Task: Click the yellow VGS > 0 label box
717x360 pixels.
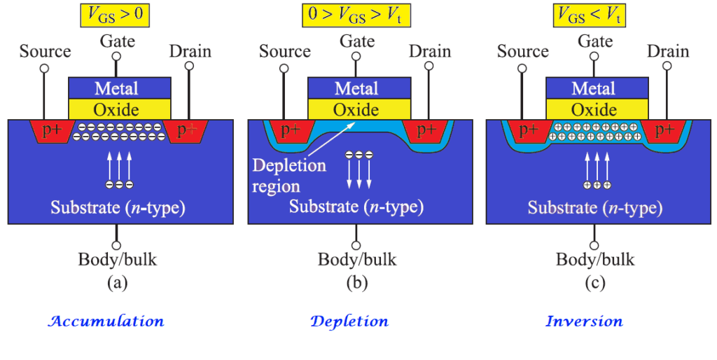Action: [x=117, y=15]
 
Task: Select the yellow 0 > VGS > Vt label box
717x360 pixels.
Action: [x=356, y=15]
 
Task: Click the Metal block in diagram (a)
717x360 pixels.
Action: [x=117, y=88]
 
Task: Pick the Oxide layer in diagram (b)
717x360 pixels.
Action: [x=356, y=109]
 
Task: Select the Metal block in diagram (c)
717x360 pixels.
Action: [x=594, y=88]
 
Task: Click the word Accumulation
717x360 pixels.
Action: [x=106, y=321]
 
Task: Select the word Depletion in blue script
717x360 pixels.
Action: [x=349, y=321]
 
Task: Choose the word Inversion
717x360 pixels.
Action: [x=584, y=321]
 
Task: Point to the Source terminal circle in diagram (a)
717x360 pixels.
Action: [x=44, y=69]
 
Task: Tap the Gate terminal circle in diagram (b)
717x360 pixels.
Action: [x=356, y=57]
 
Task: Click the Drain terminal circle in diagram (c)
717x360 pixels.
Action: [x=667, y=66]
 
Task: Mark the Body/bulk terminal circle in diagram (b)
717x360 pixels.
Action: [x=356, y=245]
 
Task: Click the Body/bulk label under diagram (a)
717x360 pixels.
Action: [x=117, y=260]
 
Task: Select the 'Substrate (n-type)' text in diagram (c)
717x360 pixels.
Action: [x=594, y=207]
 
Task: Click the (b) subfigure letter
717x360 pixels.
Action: [x=356, y=283]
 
